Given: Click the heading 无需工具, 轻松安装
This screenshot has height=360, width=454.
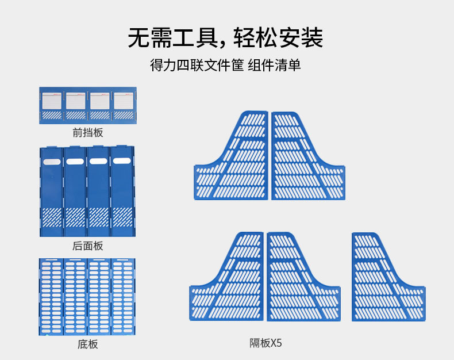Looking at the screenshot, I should (226, 38).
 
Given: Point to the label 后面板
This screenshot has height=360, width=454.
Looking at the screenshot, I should (87, 246).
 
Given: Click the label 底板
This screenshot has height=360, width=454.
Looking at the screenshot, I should (87, 344).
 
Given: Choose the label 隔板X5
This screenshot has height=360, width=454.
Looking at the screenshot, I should (266, 343).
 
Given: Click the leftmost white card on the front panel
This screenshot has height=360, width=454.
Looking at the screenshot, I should (51, 101).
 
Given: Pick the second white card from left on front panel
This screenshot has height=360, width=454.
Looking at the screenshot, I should (75, 101).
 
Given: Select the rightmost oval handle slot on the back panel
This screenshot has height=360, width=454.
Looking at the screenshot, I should (122, 161).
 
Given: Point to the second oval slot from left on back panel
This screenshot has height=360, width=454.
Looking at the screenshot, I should (75, 162).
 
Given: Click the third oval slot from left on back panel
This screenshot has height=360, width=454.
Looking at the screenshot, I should (98, 162).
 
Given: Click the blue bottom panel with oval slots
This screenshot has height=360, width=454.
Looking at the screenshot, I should (87, 297).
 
